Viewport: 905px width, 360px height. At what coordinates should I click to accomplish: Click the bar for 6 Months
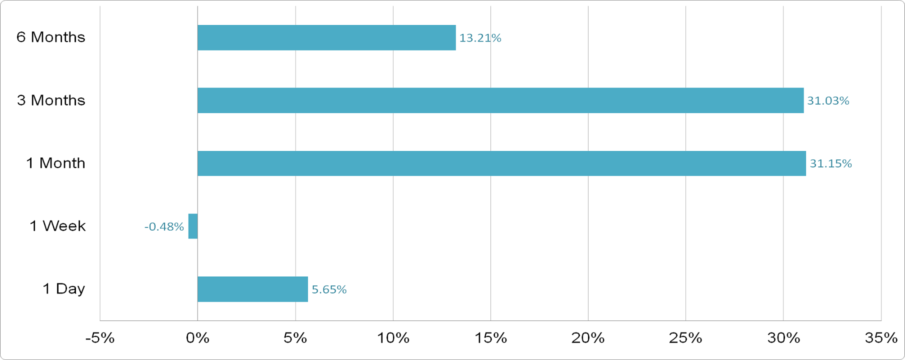[x=326, y=37]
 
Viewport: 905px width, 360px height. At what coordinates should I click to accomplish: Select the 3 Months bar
[x=500, y=100]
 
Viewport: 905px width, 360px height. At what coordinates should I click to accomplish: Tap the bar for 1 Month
[x=501, y=163]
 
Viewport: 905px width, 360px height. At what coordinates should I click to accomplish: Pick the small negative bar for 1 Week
[x=193, y=226]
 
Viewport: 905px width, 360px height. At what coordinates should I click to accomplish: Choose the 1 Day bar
[x=252, y=289]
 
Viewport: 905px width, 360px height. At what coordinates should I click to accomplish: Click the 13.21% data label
[x=480, y=38]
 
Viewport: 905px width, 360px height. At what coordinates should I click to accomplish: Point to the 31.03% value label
[x=828, y=101]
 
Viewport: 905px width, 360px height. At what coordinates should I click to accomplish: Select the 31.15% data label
[x=830, y=163]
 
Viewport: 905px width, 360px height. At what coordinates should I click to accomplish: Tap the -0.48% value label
[x=164, y=226]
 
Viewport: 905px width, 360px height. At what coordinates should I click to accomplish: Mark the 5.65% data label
[x=329, y=289]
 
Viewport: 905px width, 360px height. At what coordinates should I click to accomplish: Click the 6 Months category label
[x=51, y=37]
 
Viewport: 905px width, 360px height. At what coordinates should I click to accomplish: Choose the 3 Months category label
[x=51, y=100]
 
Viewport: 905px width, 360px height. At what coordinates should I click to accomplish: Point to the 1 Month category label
[x=55, y=163]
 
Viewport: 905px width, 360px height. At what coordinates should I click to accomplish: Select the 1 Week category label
[x=57, y=226]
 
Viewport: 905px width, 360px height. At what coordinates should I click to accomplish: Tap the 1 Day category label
[x=63, y=288]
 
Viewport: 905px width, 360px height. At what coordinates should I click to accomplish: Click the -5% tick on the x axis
[x=100, y=338]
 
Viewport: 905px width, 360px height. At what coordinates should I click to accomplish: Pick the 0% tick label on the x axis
[x=197, y=338]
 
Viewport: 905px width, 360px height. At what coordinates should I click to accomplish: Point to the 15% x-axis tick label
[x=490, y=338]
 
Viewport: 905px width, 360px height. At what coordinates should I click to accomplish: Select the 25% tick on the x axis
[x=685, y=338]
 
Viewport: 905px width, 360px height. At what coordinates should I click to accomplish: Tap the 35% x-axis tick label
[x=881, y=338]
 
